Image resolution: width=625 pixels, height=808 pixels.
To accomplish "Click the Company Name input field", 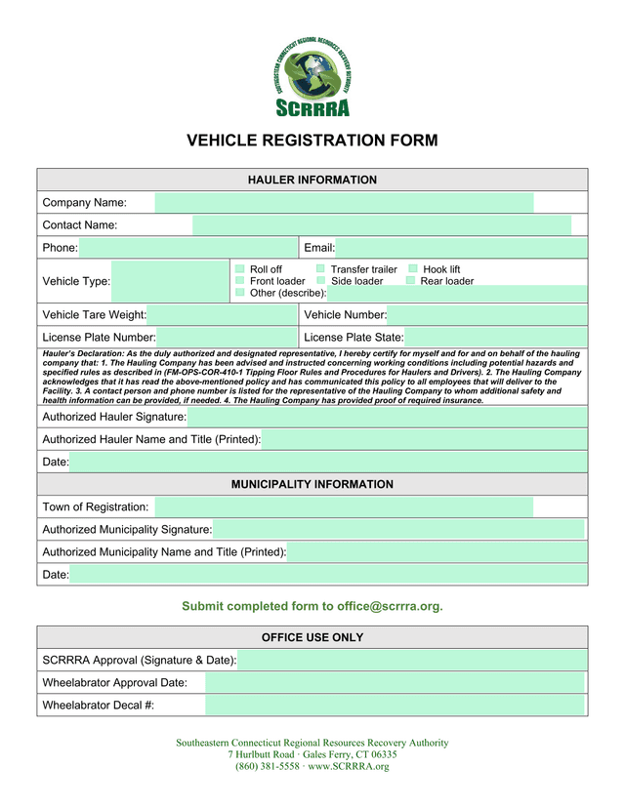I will pos(344,203).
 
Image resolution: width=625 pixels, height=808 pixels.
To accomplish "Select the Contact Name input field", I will pos(381,225).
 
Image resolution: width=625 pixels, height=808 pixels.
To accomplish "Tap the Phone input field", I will pos(187,248).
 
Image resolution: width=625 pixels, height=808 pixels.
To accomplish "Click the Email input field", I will pos(461,248).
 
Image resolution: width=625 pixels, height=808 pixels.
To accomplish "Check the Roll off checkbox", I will pos(240,268).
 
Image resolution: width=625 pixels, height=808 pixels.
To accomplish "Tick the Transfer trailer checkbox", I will pos(320,268).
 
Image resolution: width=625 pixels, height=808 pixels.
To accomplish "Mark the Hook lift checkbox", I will pos(413,268).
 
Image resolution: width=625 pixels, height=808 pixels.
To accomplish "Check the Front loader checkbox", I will pos(240,280).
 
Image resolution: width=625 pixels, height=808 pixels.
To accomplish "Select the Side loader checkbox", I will pos(320,280).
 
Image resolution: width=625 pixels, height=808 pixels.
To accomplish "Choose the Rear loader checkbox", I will pos(411,280).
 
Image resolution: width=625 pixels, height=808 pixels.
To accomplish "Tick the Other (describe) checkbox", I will pos(240,292).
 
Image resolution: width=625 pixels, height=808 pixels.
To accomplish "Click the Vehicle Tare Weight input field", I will pos(222,314).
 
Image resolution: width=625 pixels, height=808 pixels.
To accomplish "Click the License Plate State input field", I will pos(495,337).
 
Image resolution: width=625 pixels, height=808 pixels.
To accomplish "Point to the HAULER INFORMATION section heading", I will pos(312,181).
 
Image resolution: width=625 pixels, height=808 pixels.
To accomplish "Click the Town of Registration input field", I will pos(344,506).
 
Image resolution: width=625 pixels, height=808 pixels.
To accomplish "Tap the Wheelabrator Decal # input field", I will pos(395,706).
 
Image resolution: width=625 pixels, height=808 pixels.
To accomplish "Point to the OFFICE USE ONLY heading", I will pos(312,637).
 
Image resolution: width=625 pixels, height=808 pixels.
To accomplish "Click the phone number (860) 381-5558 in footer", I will pos(267,766).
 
